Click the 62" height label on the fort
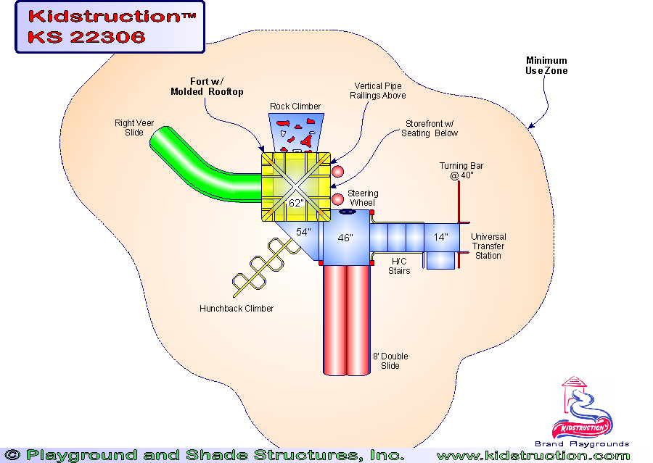click(x=295, y=204)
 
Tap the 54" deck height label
click(x=303, y=232)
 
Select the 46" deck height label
click(x=345, y=238)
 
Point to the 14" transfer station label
click(x=440, y=237)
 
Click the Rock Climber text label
click(x=295, y=107)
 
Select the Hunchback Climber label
click(x=237, y=309)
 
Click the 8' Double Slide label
click(x=390, y=361)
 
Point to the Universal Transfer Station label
click(x=488, y=246)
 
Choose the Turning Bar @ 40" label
click(x=461, y=171)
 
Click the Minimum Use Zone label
click(x=546, y=66)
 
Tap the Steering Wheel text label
click(x=362, y=198)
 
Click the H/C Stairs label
click(x=401, y=266)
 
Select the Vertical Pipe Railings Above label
click(x=377, y=91)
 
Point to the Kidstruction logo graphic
click(x=582, y=410)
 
